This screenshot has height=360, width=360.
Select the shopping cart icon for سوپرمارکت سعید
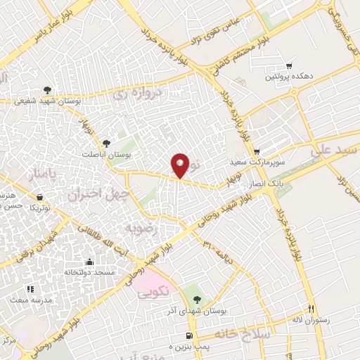pyautogui.click(x=257, y=151)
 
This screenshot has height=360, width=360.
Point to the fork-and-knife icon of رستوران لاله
pyautogui.click(x=310, y=309)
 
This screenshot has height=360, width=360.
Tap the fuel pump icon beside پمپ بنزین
pyautogui.click(x=189, y=335)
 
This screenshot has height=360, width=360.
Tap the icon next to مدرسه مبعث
pyautogui.click(x=29, y=289)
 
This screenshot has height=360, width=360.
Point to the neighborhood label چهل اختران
pyautogui.click(x=95, y=193)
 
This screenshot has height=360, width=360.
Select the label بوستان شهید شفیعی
pyautogui.click(x=47, y=101)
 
